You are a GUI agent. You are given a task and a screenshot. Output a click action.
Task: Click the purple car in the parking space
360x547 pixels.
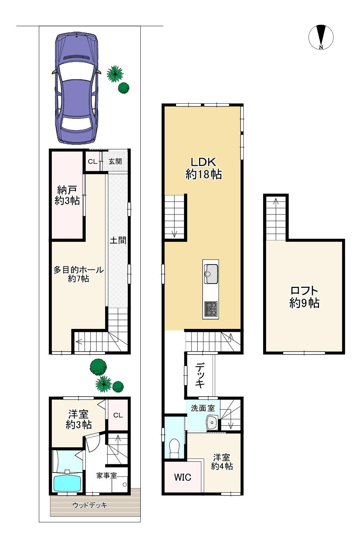(77, 88)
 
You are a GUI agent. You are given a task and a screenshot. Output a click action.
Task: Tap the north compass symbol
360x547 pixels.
(321, 37)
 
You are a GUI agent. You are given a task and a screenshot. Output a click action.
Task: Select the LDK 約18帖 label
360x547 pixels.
(203, 168)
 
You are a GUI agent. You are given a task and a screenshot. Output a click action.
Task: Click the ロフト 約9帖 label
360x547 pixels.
(304, 297)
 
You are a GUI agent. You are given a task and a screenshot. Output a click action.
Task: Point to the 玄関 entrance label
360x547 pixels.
(115, 162)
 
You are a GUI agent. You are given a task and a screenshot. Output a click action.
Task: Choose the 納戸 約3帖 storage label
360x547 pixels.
(67, 195)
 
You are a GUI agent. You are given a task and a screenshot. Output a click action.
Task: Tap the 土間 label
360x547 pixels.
(118, 240)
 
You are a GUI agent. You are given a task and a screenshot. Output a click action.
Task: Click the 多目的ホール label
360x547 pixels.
(78, 270)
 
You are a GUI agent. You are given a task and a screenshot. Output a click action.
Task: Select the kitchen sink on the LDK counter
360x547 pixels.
(211, 274)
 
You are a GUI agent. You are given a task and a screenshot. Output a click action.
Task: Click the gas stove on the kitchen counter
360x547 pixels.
(211, 309)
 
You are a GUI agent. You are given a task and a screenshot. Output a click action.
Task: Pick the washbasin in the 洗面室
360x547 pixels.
(212, 422)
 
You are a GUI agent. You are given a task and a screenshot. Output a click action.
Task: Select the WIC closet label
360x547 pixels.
(183, 477)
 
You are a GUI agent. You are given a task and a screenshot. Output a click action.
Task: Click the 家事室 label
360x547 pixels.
(107, 475)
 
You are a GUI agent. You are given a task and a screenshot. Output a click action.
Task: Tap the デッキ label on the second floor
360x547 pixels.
(200, 376)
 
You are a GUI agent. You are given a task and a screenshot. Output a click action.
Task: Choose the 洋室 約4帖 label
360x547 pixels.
(222, 461)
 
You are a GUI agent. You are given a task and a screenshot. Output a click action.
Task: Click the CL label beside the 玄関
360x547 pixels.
(93, 162)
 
